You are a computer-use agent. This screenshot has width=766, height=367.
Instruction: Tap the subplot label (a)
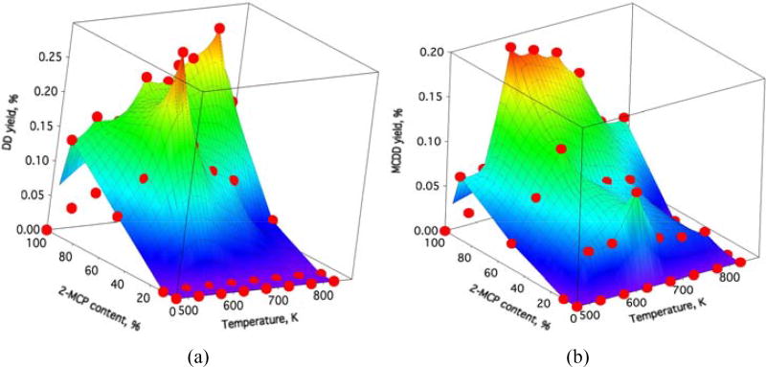point(198,356)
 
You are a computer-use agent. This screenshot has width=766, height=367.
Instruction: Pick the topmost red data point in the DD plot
point(219,29)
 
